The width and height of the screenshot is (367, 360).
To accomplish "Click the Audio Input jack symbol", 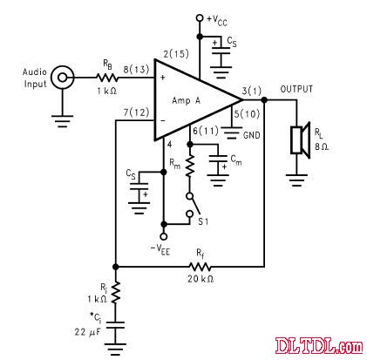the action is click(x=62, y=78).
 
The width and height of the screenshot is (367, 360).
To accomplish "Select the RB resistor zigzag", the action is click(x=107, y=78).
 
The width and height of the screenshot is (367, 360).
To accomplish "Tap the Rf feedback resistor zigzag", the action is click(x=200, y=266).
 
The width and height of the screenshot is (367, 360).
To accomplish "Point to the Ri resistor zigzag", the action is click(x=116, y=292).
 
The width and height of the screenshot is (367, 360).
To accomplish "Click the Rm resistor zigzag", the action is click(x=190, y=166).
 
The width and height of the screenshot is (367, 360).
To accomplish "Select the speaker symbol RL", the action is click(x=301, y=140).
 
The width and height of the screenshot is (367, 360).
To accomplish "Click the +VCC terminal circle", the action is click(x=200, y=18).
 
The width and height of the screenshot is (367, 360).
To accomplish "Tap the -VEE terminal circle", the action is click(x=164, y=236).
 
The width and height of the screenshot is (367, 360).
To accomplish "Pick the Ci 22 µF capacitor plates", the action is click(x=115, y=325).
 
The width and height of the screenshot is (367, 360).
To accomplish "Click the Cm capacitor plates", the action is click(x=218, y=159).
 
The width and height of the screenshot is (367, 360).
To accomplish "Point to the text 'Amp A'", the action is click(x=187, y=100).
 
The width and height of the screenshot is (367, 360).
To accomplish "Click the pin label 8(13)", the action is click(x=136, y=70).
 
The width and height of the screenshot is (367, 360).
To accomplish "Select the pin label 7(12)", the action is click(x=136, y=112).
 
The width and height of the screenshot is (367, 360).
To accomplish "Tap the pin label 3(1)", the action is click(x=252, y=91).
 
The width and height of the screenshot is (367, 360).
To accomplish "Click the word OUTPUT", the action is click(x=296, y=89).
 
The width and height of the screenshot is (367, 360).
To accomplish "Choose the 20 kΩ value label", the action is click(x=200, y=279).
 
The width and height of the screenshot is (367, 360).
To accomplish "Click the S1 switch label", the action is click(x=203, y=221).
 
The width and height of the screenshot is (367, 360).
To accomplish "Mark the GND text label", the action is click(x=251, y=135).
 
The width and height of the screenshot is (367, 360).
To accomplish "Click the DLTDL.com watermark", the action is click(x=319, y=345).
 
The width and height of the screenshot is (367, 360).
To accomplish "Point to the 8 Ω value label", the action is click(x=322, y=146).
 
